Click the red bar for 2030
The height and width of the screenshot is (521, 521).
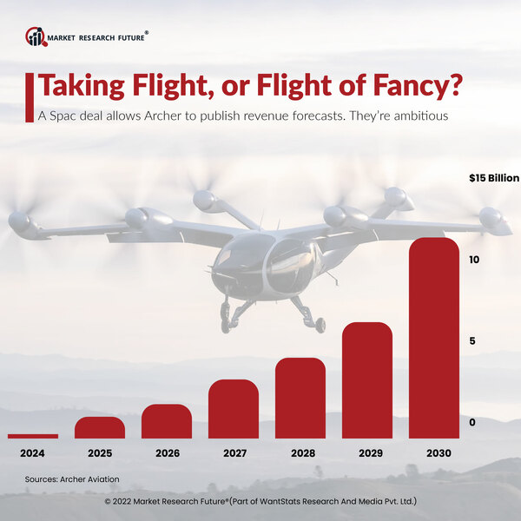pos(433,339)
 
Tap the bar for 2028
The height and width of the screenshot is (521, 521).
pos(300,398)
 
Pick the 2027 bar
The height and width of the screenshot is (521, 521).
pos(233,409)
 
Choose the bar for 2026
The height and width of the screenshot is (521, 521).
pos(166,421)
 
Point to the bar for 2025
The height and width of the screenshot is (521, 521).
pos(99,427)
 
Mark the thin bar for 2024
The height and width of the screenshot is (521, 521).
pos(32,436)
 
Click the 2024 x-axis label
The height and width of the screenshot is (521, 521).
pos(32,452)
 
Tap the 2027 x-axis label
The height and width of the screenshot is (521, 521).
pos(233,452)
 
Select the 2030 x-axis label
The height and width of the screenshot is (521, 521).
pos(433,452)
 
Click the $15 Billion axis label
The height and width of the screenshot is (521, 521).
pos(493,178)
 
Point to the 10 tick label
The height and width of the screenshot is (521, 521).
pos(473,260)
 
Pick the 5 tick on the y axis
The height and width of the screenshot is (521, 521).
pos(472,340)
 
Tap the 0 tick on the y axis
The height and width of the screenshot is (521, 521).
pos(472,422)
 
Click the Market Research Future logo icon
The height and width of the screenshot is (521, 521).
pos(36,36)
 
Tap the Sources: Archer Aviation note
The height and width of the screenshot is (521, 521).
pos(71,478)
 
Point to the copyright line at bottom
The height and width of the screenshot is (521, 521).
pos(260,502)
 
